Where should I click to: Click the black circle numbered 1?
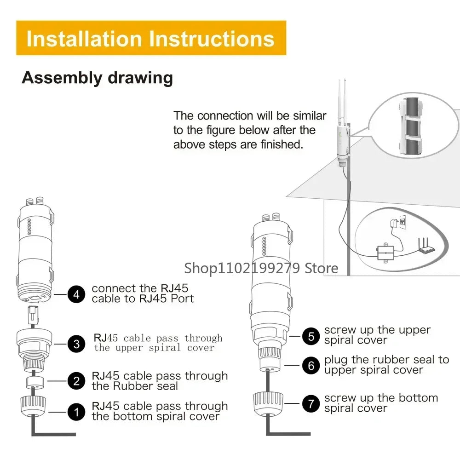(76, 412)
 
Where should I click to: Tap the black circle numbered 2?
(76, 381)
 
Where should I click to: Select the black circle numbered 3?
(76, 344)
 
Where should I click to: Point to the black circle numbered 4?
(76, 294)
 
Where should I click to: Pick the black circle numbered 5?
(311, 336)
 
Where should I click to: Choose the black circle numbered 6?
(311, 365)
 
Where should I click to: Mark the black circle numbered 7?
(311, 403)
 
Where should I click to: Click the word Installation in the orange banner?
(84, 39)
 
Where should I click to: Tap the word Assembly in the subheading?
(62, 78)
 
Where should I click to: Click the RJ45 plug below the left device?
(33, 315)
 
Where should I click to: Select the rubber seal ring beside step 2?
(35, 383)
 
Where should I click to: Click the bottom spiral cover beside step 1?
(33, 406)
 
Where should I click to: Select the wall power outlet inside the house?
(403, 222)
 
